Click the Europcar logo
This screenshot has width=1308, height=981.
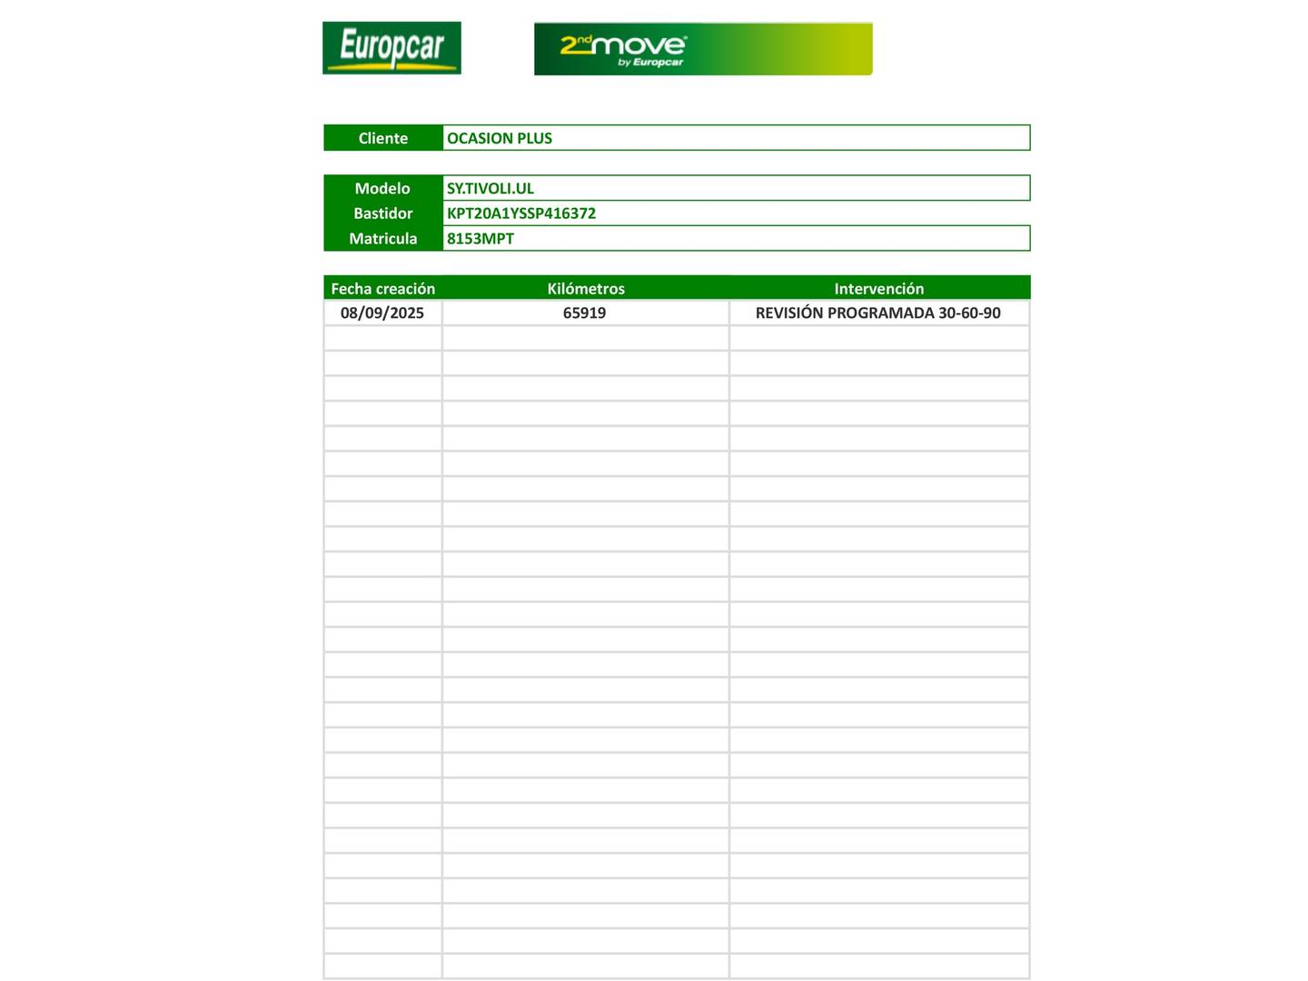click(391, 48)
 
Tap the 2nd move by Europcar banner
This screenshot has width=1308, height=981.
click(702, 49)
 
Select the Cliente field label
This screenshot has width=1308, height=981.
click(382, 138)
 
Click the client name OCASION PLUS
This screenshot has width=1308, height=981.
click(500, 138)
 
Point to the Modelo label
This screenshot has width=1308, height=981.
click(382, 188)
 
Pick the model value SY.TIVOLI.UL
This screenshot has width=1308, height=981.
click(490, 188)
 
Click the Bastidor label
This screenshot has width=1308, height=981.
click(382, 213)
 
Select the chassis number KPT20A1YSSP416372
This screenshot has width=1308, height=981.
click(521, 213)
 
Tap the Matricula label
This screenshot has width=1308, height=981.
click(382, 239)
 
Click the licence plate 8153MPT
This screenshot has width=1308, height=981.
click(481, 239)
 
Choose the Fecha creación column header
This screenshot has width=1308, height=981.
click(382, 289)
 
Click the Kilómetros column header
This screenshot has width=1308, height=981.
click(586, 289)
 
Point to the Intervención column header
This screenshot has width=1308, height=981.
click(878, 289)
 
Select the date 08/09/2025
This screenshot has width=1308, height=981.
click(382, 313)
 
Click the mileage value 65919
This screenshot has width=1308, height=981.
click(584, 313)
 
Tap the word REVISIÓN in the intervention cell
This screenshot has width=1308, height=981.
click(789, 313)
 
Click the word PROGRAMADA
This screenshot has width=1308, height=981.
click(881, 313)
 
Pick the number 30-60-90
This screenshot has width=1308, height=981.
click(969, 313)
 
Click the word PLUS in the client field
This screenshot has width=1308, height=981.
click(535, 138)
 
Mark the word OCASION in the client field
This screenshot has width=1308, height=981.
click(480, 138)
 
